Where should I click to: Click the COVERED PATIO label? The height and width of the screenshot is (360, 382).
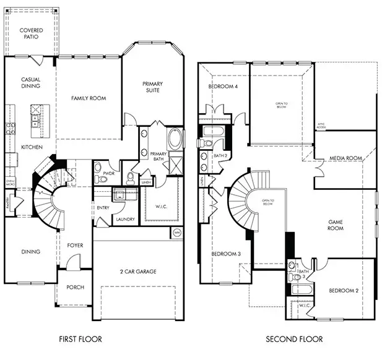tap(30, 34)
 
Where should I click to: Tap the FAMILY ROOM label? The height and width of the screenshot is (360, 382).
tap(89, 98)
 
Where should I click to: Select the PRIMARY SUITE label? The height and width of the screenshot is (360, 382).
tap(152, 87)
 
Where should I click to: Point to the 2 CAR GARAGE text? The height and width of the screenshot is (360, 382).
tap(138, 271)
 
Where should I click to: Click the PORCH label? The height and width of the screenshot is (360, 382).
tap(75, 287)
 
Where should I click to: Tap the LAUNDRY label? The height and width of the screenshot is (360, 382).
tap(126, 220)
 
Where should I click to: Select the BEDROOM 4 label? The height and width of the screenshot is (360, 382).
tap(223, 87)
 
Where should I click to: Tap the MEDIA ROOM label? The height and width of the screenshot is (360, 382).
tap(345, 158)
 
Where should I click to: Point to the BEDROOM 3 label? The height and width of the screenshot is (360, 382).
tap(225, 254)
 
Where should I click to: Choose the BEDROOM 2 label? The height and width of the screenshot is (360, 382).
tap(344, 290)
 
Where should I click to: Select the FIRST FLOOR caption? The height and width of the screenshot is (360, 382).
tap(80, 339)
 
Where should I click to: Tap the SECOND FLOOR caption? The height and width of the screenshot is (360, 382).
tap(294, 339)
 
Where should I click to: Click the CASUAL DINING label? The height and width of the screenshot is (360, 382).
tap(30, 82)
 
